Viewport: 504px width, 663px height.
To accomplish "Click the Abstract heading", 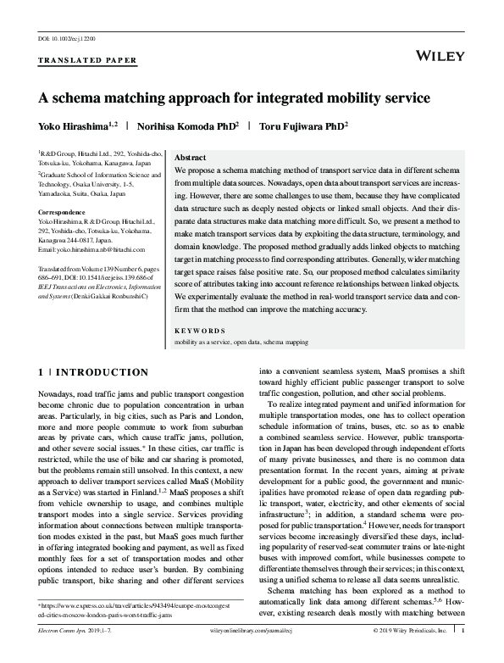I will [x=189, y=159].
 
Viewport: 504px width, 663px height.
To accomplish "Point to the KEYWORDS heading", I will [x=200, y=330].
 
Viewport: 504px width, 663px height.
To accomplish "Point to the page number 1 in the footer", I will [x=463, y=655].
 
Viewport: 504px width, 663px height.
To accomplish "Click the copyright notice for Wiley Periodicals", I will [x=409, y=655].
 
